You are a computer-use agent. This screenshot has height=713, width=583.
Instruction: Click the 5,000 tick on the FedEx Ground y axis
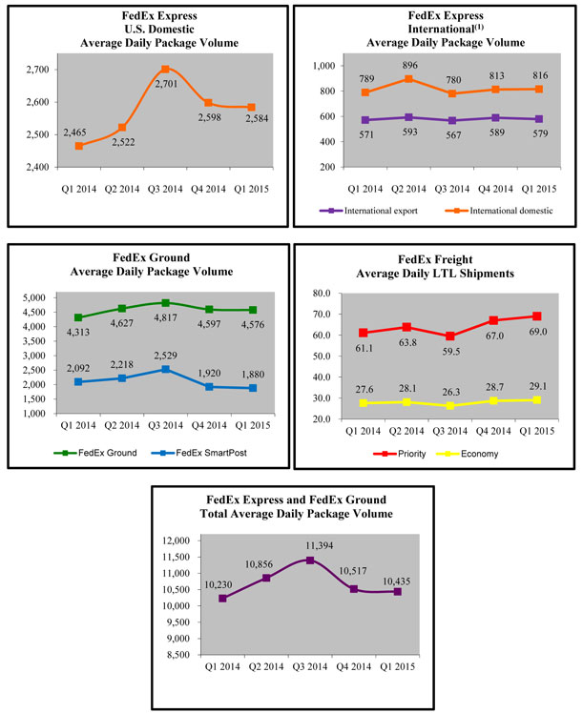click(x=42, y=297)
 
